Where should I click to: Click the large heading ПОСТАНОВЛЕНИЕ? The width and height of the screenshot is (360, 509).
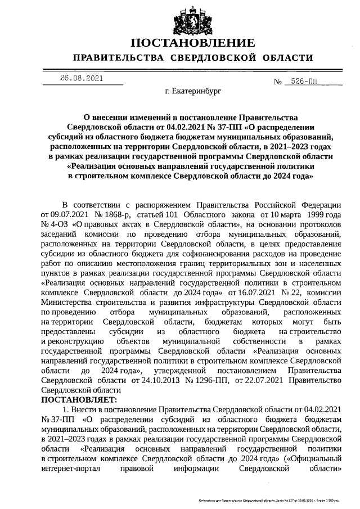[193, 43]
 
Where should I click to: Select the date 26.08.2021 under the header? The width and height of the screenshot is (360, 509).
[82, 78]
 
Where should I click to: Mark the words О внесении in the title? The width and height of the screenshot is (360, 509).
[107, 116]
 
